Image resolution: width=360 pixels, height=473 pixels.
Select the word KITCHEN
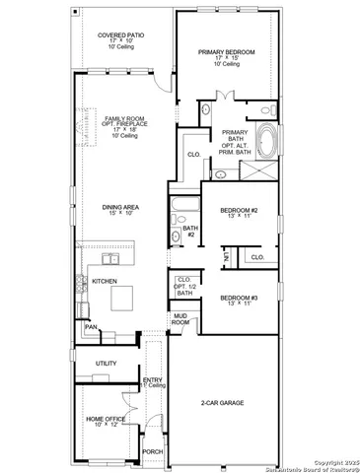[x=106, y=282]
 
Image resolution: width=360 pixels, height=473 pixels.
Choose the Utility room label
[x=106, y=364]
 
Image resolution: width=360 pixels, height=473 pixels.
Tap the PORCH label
[x=152, y=452]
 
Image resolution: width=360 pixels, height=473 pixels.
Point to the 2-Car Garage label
[x=224, y=403]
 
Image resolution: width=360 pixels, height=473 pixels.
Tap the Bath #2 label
[x=190, y=232]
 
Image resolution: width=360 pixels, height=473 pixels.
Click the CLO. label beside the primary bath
[x=193, y=155]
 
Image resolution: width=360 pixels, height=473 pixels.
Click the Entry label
[x=153, y=381]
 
